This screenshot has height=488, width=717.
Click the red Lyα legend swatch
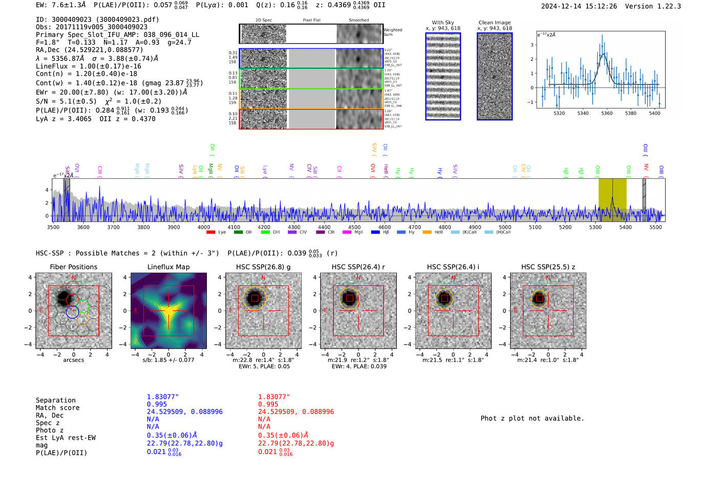(210, 232)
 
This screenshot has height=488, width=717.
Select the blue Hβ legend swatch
(375, 232)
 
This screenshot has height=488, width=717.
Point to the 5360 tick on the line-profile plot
(607, 113)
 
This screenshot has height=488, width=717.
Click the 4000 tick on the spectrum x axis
(204, 227)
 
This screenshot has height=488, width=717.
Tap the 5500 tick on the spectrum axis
(656, 227)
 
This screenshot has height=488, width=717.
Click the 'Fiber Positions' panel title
(73, 267)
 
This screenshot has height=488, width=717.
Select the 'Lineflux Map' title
(168, 267)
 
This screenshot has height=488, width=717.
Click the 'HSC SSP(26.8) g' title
(263, 267)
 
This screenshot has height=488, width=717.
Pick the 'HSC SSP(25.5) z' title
(548, 267)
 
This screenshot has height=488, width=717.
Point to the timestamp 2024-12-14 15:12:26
(579, 6)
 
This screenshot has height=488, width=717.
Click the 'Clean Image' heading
(494, 23)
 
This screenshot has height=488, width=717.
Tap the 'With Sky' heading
(443, 23)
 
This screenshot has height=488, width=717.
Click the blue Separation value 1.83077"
(163, 397)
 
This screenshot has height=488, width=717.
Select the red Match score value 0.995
(268, 404)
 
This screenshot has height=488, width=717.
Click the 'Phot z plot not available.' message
(532, 418)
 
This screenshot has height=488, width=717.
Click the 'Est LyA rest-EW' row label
(66, 438)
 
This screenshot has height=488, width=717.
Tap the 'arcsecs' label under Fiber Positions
(73, 360)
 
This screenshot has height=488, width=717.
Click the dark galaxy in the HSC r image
(349, 298)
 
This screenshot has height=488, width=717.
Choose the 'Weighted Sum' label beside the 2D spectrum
(393, 32)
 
